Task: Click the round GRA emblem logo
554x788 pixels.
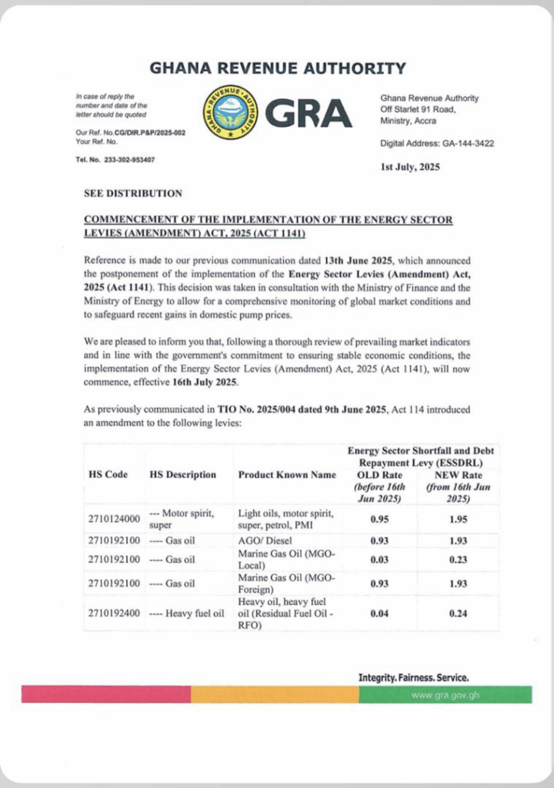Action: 229,112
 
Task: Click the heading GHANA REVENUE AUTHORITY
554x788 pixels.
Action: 278,68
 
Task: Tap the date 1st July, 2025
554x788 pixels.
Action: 410,166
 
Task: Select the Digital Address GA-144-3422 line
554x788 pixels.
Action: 437,144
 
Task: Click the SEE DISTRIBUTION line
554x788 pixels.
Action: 133,193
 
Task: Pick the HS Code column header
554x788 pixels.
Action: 108,475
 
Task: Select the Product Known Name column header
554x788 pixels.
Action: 287,475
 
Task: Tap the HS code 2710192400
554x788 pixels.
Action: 112,613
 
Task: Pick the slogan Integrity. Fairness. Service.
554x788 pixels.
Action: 413,678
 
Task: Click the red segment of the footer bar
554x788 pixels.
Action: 105,695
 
